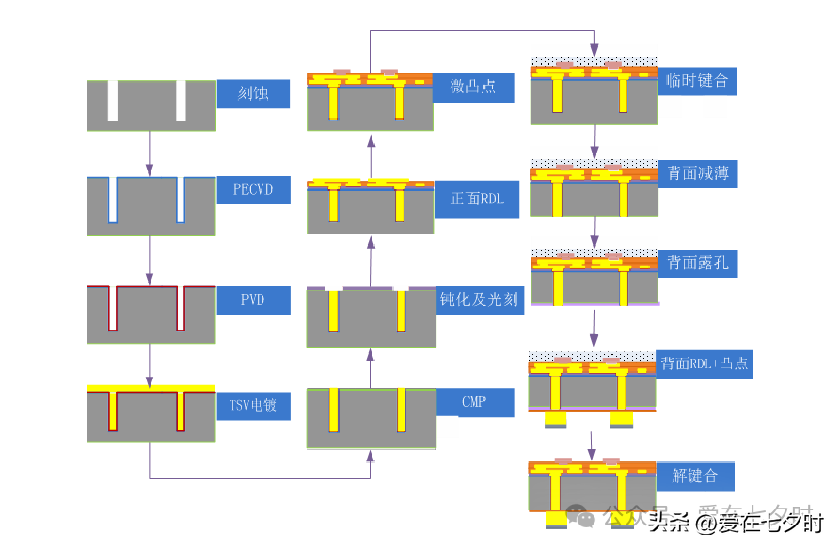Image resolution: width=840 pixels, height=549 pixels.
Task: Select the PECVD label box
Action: (253, 188)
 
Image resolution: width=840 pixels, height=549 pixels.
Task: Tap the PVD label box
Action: (253, 300)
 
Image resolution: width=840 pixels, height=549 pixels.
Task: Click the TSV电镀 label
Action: (253, 405)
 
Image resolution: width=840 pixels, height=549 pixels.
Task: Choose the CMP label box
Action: (475, 402)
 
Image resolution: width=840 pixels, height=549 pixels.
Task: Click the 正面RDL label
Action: (478, 199)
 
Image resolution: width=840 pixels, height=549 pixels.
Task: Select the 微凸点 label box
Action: (474, 88)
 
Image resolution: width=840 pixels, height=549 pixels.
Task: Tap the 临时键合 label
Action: (697, 80)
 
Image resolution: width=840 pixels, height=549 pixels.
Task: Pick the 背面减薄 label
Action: (697, 173)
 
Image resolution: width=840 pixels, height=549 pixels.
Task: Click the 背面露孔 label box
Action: (697, 263)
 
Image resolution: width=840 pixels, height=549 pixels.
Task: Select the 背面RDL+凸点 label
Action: (704, 363)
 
